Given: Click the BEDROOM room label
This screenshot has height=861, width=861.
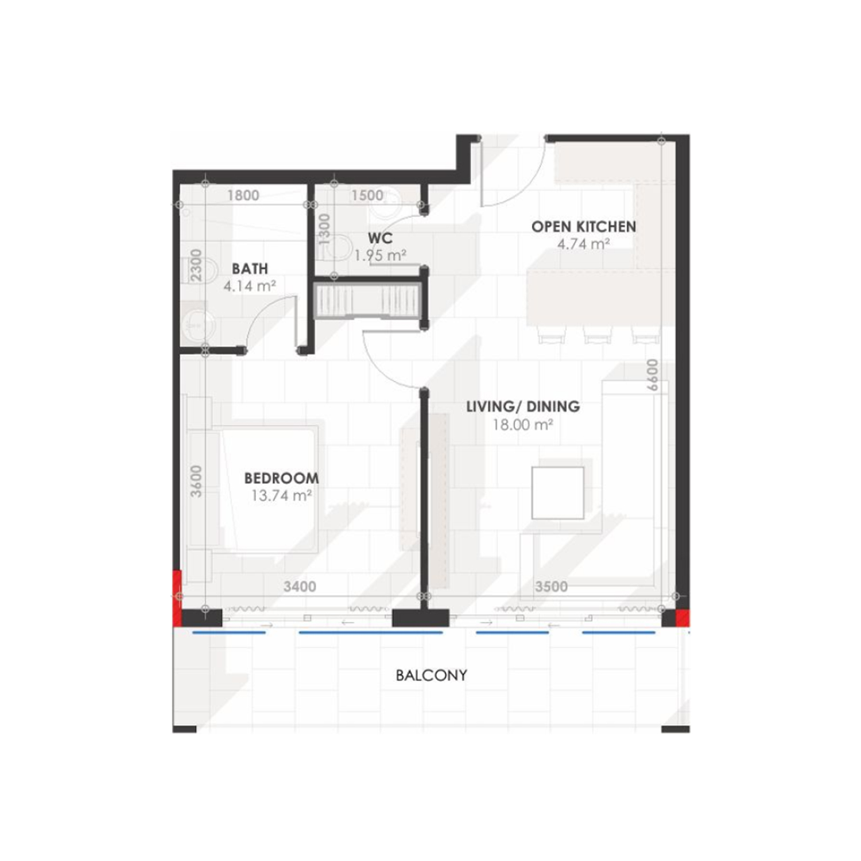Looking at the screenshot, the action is coord(281,478).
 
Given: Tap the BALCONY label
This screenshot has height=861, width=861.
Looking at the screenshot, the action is coord(431,675).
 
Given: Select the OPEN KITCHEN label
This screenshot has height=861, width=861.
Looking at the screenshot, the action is coord(583,227).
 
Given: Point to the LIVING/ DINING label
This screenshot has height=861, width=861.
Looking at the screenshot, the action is coord(523,406).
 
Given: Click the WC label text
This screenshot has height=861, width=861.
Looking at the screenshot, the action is coord(380,238).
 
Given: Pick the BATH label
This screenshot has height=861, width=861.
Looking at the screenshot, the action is coord(250,269).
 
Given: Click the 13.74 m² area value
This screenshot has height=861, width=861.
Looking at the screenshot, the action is coord(281,496).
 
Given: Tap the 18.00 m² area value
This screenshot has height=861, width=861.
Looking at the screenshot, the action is coord(523,425).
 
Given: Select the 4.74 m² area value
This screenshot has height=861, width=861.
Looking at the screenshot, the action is coord(583,244).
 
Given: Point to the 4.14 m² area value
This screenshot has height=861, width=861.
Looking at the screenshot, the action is coord(250,285).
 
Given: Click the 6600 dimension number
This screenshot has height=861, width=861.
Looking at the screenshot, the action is coord(651,376).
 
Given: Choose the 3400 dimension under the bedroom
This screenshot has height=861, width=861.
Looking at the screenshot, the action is coord(300,587).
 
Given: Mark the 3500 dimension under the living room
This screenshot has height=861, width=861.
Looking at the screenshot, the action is coord(551,587).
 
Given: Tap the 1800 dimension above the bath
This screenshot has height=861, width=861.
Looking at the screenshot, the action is coord(243,195).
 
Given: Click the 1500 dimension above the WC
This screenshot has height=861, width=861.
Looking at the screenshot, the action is coord(367,195).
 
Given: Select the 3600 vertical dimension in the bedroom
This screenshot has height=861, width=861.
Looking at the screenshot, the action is coord(196,480).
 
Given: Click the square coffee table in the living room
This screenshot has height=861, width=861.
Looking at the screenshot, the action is coord(558,492).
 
